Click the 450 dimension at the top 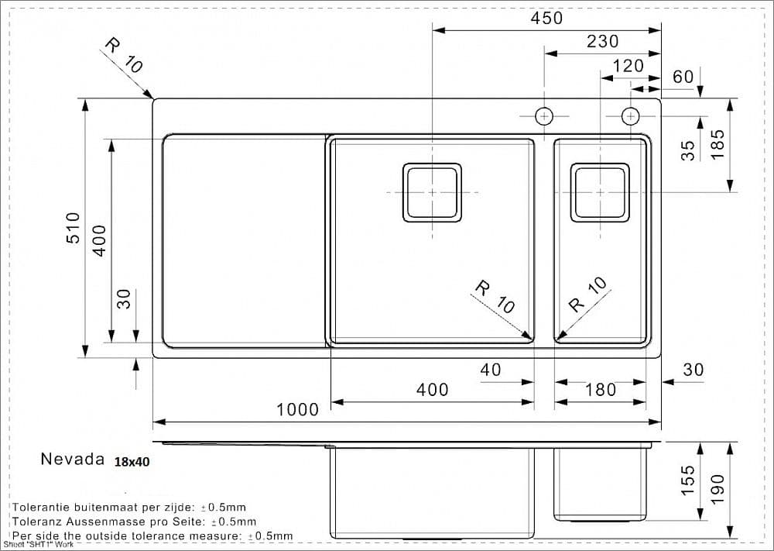click(546, 18)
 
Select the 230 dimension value click(602, 42)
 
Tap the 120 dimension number click(628, 66)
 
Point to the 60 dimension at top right click(683, 76)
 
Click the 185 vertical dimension click(717, 145)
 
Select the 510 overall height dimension click(73, 228)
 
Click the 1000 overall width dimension click(298, 409)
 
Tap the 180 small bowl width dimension click(601, 390)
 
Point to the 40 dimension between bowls click(491, 370)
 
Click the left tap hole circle click(544, 116)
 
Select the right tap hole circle click(631, 116)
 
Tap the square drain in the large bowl click(432, 192)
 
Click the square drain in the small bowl click(600, 192)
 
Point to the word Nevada click(72, 459)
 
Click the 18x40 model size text click(132, 461)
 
